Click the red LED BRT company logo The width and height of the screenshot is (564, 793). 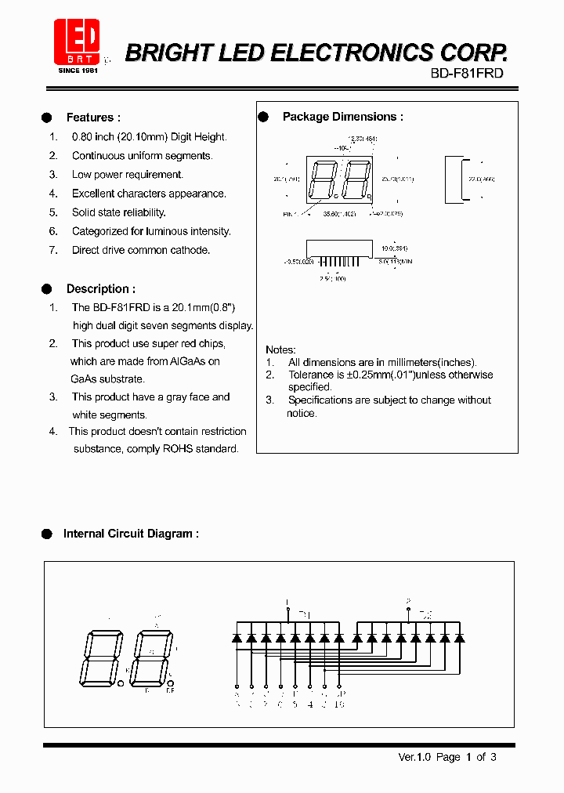click(x=77, y=43)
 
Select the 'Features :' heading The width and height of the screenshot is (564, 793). click(x=93, y=118)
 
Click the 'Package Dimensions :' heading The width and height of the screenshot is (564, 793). click(x=342, y=117)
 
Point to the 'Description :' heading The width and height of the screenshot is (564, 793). click(x=100, y=288)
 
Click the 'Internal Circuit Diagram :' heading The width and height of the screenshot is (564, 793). click(x=131, y=534)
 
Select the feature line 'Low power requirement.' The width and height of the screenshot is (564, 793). click(x=127, y=175)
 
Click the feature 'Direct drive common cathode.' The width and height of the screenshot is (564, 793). click(x=141, y=250)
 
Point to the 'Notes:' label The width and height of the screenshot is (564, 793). click(x=280, y=349)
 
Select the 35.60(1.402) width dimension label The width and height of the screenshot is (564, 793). click(x=340, y=213)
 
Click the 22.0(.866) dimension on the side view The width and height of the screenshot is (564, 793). click(x=481, y=179)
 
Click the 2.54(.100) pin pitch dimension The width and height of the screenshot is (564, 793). click(x=334, y=277)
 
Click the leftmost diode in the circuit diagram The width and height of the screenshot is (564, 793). click(x=237, y=639)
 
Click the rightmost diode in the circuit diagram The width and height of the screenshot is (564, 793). click(x=459, y=639)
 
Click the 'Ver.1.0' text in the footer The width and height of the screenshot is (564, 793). click(x=415, y=757)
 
